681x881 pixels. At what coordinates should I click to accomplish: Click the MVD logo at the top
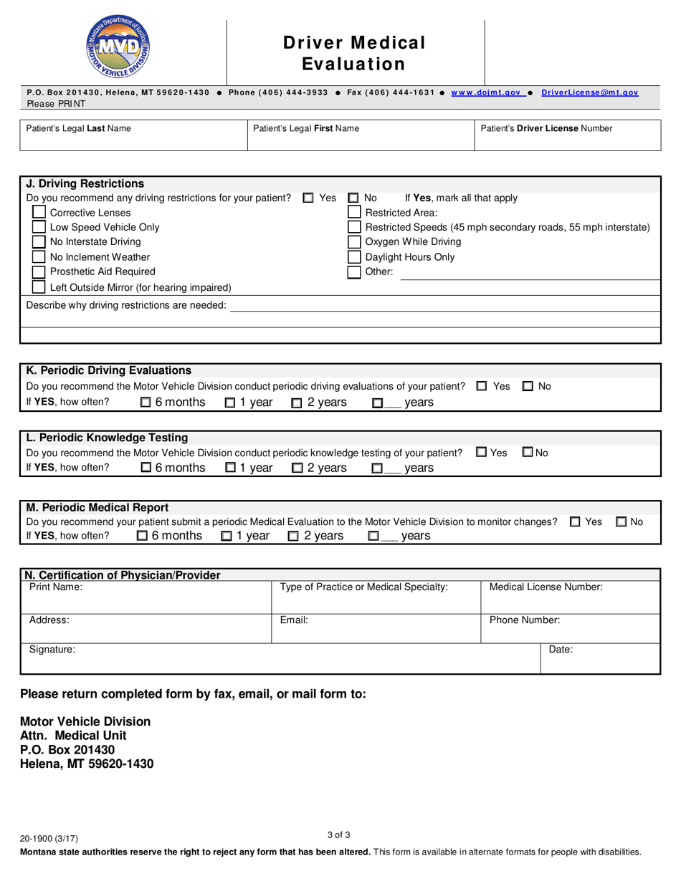[118, 48]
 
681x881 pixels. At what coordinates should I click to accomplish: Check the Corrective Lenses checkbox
[39, 213]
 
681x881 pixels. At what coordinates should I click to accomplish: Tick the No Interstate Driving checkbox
[39, 242]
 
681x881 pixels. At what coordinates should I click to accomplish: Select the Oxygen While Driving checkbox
[354, 242]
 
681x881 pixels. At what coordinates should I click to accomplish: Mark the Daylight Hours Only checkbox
[354, 257]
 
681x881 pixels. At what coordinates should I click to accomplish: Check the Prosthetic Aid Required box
[39, 272]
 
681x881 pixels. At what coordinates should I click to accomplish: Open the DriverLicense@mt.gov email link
[589, 93]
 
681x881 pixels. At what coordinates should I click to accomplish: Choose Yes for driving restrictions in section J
[308, 198]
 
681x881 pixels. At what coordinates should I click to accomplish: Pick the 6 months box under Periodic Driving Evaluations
[146, 403]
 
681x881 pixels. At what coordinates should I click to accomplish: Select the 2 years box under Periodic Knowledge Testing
[297, 468]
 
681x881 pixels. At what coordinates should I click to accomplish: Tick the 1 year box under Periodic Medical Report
[227, 536]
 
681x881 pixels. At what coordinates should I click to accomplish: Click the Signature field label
[52, 650]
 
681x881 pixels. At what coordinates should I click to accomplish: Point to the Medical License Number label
[546, 587]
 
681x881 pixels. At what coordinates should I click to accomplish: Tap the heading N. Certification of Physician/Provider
[123, 575]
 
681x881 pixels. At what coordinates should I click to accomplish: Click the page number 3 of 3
[338, 834]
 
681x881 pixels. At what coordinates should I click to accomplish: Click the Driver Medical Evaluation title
[354, 54]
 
